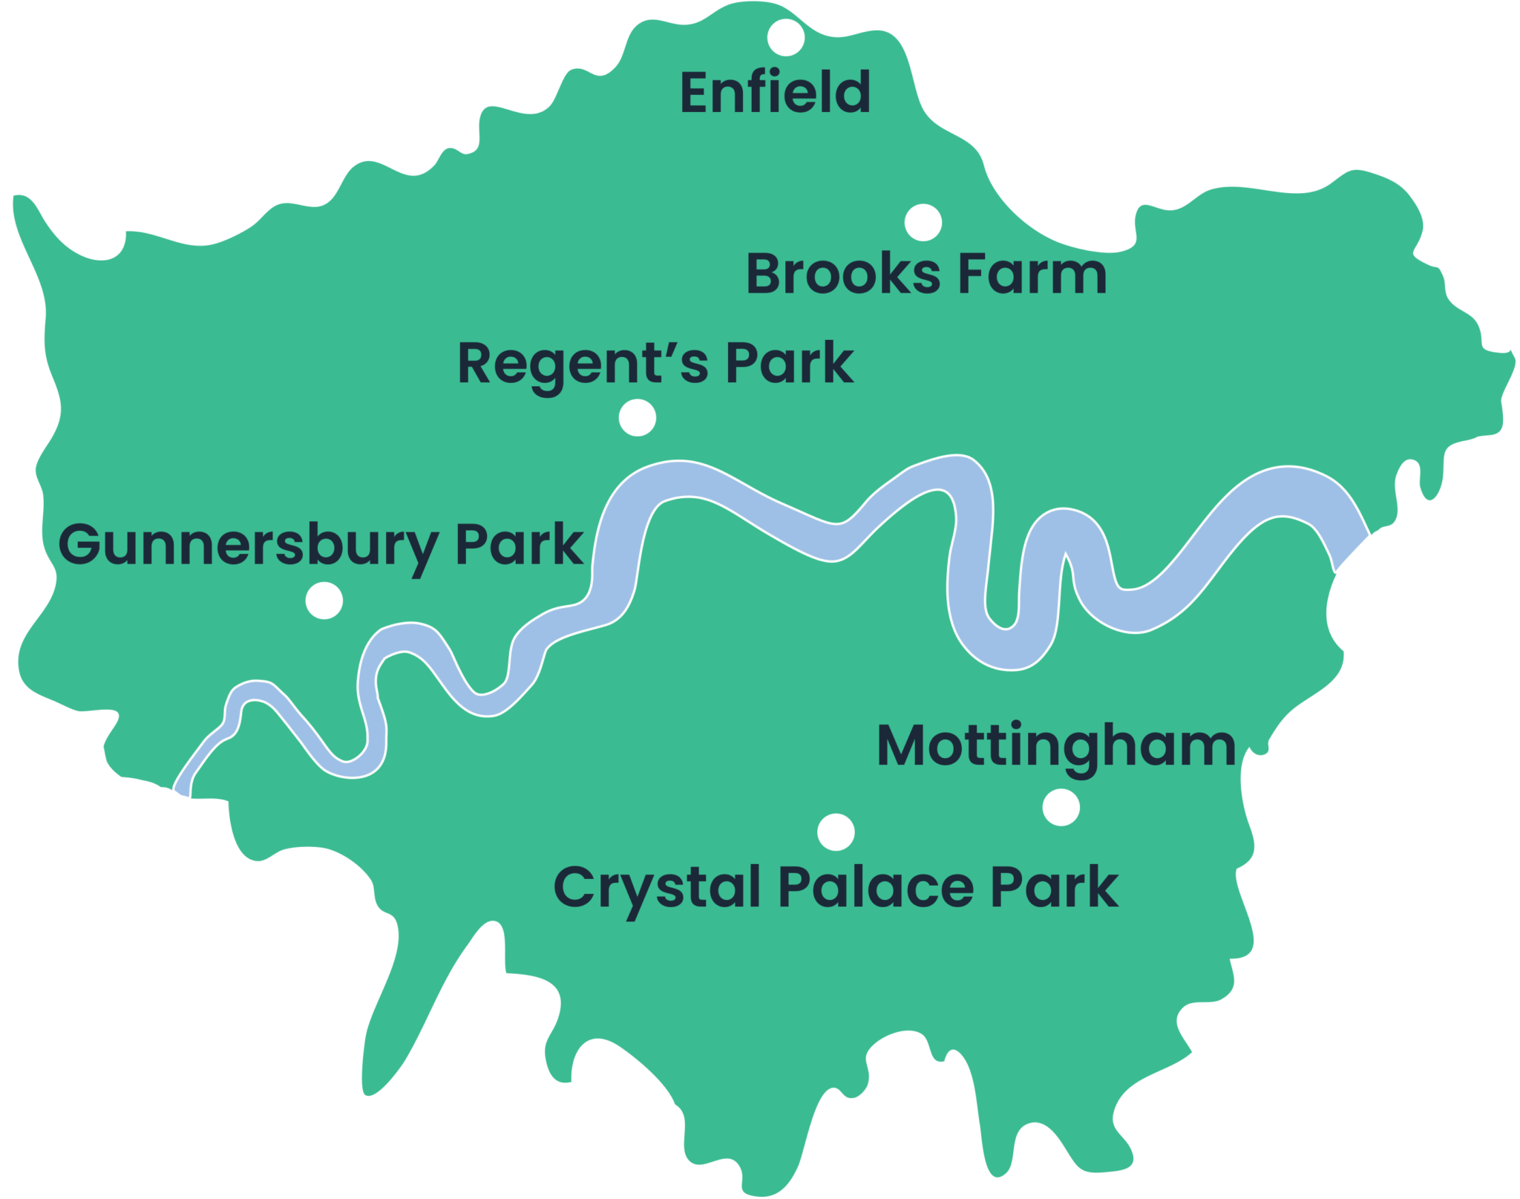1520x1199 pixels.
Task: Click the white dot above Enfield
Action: pyautogui.click(x=786, y=37)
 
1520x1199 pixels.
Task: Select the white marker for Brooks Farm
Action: pyautogui.click(x=923, y=223)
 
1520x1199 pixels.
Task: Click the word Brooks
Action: pyautogui.click(x=842, y=274)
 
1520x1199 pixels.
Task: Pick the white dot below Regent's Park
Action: pyautogui.click(x=638, y=418)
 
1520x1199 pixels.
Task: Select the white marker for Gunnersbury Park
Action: pyautogui.click(x=324, y=600)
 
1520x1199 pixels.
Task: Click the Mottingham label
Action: pyautogui.click(x=1056, y=747)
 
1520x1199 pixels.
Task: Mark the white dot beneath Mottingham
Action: pyautogui.click(x=1061, y=807)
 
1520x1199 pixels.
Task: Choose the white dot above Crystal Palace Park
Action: pyautogui.click(x=836, y=832)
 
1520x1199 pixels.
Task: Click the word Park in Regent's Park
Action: pyautogui.click(x=789, y=363)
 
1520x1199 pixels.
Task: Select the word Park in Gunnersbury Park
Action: pyautogui.click(x=519, y=545)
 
